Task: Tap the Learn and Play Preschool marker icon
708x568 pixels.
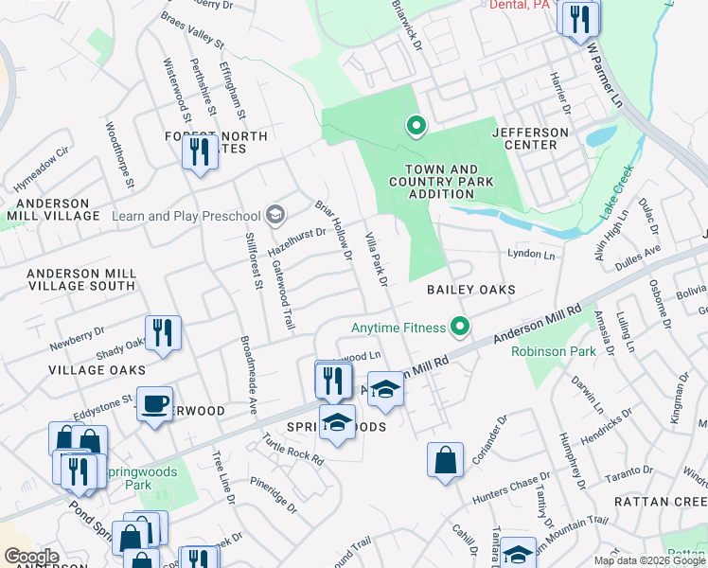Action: [x=275, y=215]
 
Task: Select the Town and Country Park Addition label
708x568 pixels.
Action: [x=432, y=182]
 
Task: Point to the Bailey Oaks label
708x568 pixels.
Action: [x=470, y=290]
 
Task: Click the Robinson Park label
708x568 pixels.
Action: [x=554, y=351]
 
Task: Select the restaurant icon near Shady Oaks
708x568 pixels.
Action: [x=163, y=332]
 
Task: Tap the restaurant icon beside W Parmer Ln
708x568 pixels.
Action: [x=578, y=18]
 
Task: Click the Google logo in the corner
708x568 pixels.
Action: [x=32, y=556]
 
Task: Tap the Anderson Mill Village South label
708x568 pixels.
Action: [x=80, y=279]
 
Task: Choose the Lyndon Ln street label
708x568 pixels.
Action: [x=530, y=254]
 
